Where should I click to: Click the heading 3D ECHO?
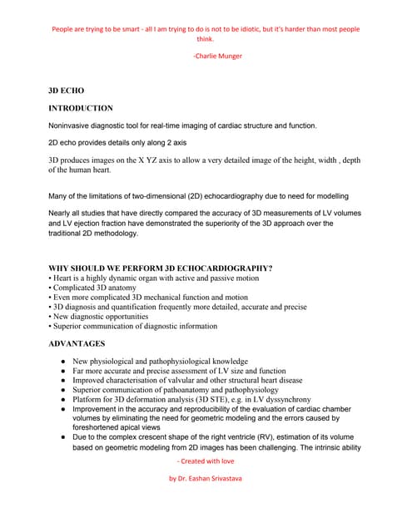click(66, 90)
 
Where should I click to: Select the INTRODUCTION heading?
click(81, 108)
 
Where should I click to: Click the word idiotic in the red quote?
click(254, 29)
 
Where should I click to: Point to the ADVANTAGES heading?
click(77, 343)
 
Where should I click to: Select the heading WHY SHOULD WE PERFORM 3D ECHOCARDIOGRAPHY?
click(161, 268)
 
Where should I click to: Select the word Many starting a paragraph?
click(60, 196)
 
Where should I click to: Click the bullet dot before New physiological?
click(63, 362)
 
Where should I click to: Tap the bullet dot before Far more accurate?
click(63, 372)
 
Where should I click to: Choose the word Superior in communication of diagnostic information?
click(71, 327)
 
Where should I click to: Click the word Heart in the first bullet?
click(64, 278)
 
